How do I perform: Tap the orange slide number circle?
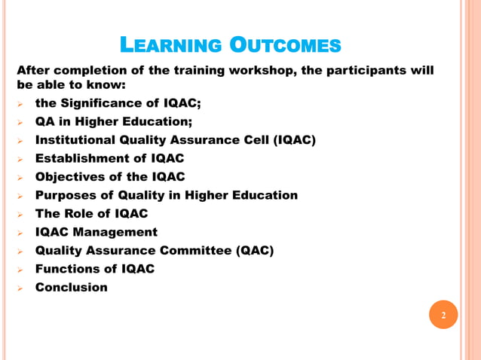point(443,315)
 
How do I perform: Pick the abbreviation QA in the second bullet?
point(45,121)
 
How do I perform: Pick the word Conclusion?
point(72,287)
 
